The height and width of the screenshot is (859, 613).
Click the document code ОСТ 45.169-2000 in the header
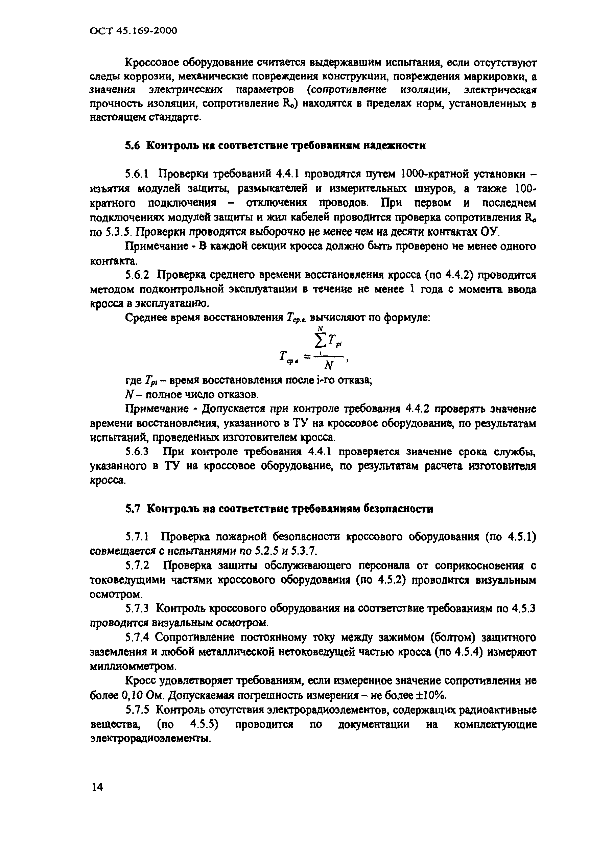(133, 30)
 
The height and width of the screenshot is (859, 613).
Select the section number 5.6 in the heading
(133, 145)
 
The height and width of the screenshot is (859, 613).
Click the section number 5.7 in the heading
(133, 509)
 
